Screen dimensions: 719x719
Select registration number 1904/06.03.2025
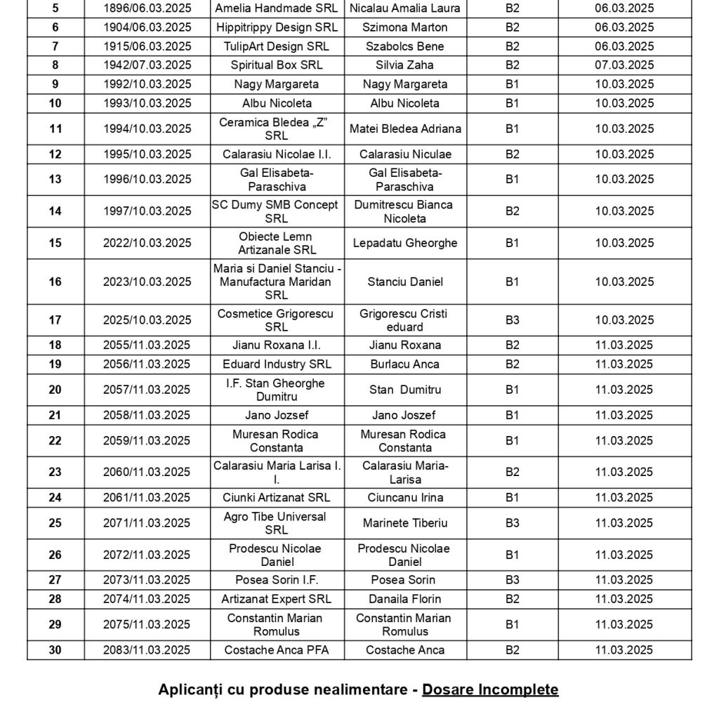pyautogui.click(x=147, y=27)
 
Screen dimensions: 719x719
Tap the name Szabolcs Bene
pyautogui.click(x=405, y=46)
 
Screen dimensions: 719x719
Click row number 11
pyautogui.click(x=55, y=129)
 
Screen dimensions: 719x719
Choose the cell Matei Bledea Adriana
pyautogui.click(x=405, y=129)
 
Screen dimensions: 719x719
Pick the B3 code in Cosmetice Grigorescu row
pyautogui.click(x=513, y=320)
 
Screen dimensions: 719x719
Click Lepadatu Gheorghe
pyautogui.click(x=405, y=243)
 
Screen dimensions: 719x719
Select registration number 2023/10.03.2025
pyautogui.click(x=147, y=282)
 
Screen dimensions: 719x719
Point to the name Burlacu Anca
pyautogui.click(x=405, y=364)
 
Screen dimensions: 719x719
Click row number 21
pyautogui.click(x=55, y=415)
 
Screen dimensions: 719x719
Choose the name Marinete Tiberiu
pyautogui.click(x=405, y=523)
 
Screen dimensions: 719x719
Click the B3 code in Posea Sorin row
pyautogui.click(x=513, y=580)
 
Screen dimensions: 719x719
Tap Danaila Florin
pyautogui.click(x=405, y=599)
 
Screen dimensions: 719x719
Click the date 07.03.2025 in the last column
pyautogui.click(x=624, y=65)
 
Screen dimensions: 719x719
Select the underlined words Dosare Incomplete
pyautogui.click(x=490, y=690)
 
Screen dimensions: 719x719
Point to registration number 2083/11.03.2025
pyautogui.click(x=147, y=650)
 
